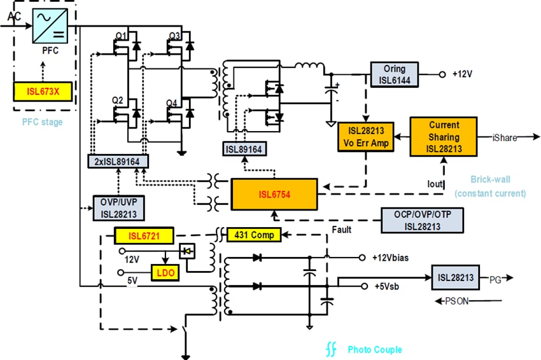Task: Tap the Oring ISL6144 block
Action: click(395, 74)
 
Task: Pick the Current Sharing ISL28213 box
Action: click(444, 136)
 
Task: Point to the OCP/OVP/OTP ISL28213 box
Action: click(422, 220)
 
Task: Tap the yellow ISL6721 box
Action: click(143, 237)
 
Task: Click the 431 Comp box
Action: click(253, 235)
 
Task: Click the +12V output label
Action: click(463, 74)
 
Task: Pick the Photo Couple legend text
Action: click(374, 350)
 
